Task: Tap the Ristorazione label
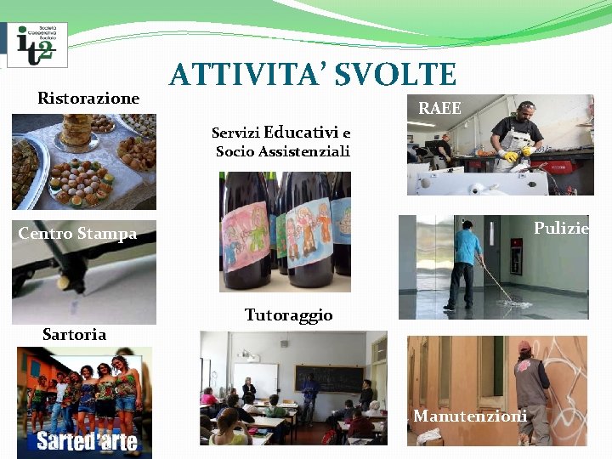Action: point(88,99)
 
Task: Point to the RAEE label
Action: point(440,108)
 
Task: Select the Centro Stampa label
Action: point(77,234)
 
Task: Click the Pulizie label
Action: point(561,228)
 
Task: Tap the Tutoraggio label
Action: point(288,315)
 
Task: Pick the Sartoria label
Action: point(74,334)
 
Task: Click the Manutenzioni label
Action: point(469,416)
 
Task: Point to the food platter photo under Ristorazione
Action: point(84,161)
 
